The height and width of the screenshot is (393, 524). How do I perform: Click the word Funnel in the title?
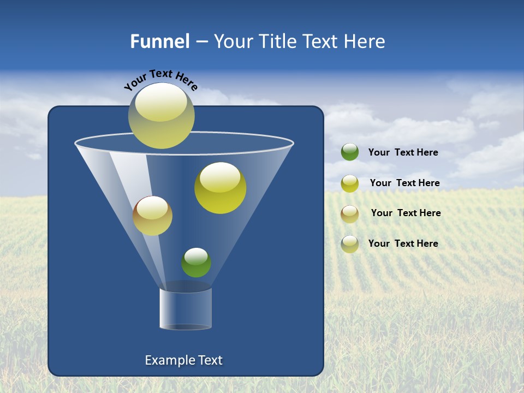pyautogui.click(x=159, y=41)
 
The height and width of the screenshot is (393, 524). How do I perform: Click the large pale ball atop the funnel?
pyautogui.click(x=162, y=116)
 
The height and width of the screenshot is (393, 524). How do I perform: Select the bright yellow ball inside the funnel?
pyautogui.click(x=221, y=188)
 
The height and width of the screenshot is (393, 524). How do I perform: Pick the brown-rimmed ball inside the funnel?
pyautogui.click(x=152, y=216)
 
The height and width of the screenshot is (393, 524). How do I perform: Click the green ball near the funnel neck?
pyautogui.click(x=196, y=263)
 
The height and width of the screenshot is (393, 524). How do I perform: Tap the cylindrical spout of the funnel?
pyautogui.click(x=186, y=308)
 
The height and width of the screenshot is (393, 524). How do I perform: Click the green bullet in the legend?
pyautogui.click(x=350, y=152)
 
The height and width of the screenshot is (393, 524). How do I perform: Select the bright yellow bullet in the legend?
pyautogui.click(x=350, y=183)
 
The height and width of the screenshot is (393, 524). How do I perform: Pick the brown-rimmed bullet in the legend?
pyautogui.click(x=350, y=214)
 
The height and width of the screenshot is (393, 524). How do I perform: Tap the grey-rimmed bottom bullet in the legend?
pyautogui.click(x=350, y=244)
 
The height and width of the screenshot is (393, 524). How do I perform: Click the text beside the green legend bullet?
pyautogui.click(x=403, y=152)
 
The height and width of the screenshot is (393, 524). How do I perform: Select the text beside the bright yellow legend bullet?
pyautogui.click(x=404, y=183)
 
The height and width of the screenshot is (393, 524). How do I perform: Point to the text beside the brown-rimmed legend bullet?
pyautogui.click(x=406, y=213)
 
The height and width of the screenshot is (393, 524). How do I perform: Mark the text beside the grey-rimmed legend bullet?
pyautogui.click(x=403, y=243)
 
